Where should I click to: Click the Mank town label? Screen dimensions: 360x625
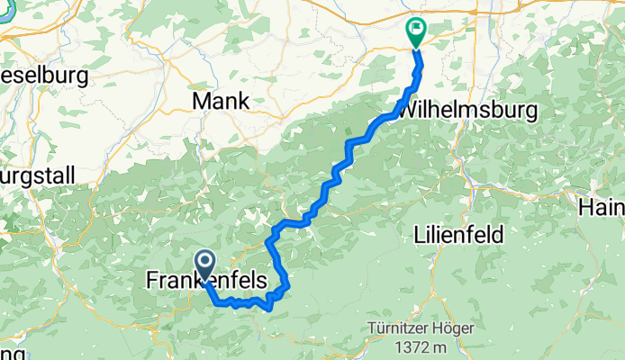221,101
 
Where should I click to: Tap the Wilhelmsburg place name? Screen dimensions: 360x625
466,111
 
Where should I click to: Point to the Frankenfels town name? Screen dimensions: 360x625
206,282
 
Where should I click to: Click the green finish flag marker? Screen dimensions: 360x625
416,32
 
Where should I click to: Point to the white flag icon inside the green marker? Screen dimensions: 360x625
416,29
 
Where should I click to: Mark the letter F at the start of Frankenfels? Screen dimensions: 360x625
150,282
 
